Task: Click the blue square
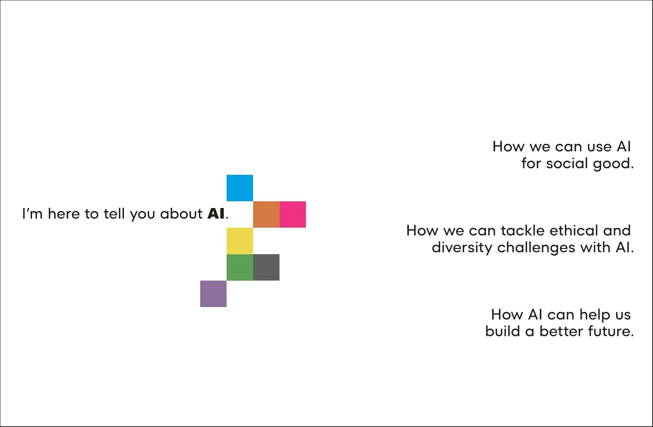[x=239, y=188]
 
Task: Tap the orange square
[x=266, y=214]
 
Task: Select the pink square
[x=293, y=214]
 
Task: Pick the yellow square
[x=239, y=241]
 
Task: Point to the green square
[x=239, y=267]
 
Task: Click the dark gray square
[x=266, y=267]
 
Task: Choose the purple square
[x=213, y=294]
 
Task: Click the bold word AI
[x=216, y=214]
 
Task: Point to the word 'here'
[x=64, y=214]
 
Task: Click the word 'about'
[x=181, y=214]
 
